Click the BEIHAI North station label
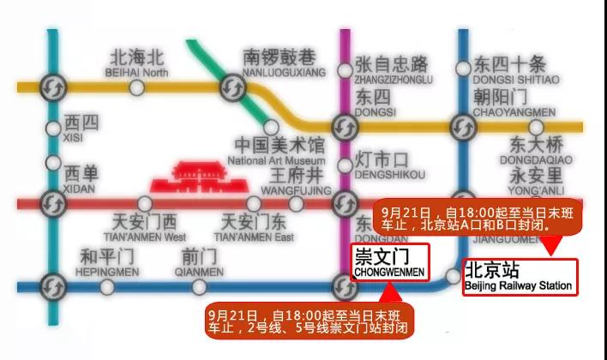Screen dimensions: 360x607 [x=138, y=64]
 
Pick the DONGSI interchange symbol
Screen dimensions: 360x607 [x=346, y=127]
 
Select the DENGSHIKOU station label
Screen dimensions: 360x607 [x=388, y=165]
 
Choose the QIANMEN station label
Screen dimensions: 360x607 [x=198, y=261]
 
